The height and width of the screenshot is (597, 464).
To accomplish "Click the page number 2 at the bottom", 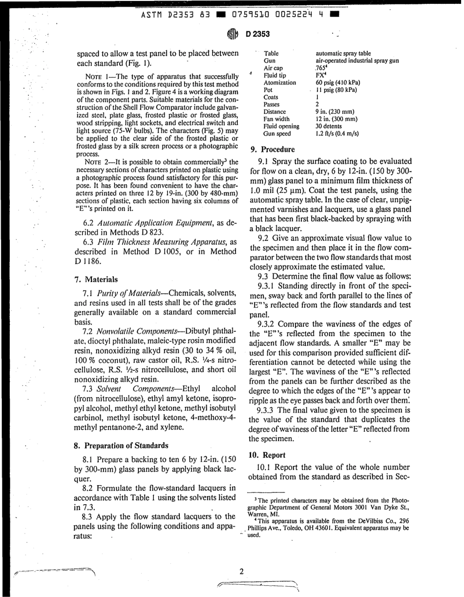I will [x=241, y=572].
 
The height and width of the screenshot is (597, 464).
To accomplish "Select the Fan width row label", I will [x=276, y=119].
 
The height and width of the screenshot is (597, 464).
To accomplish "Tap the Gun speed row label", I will [x=277, y=133].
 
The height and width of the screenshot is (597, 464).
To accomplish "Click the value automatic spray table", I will [x=343, y=53].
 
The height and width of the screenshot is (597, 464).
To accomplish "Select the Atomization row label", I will [x=279, y=83].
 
